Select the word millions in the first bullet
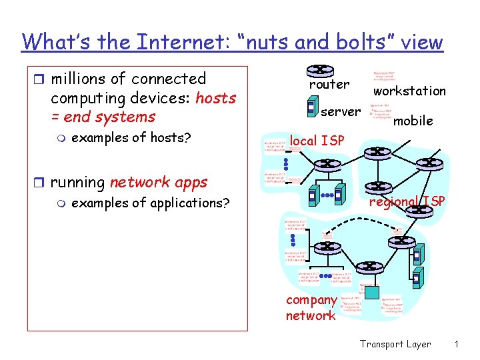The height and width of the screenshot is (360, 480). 81,79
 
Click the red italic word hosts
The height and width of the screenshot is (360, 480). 216,98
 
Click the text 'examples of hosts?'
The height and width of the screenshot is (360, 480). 131,138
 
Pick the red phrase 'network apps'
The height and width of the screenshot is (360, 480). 159,182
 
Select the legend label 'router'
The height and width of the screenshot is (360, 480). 329,85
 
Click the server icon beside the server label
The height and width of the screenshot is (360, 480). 311,107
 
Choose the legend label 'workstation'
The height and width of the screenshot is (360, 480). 409,91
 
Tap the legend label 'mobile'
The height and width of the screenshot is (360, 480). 413,121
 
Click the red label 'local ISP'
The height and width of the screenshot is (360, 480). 317,141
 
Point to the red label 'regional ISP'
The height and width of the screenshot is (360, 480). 407,201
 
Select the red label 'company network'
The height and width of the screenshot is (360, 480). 311,307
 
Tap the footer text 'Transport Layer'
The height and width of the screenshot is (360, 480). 395,344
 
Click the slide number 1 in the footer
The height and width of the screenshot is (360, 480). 457,344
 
